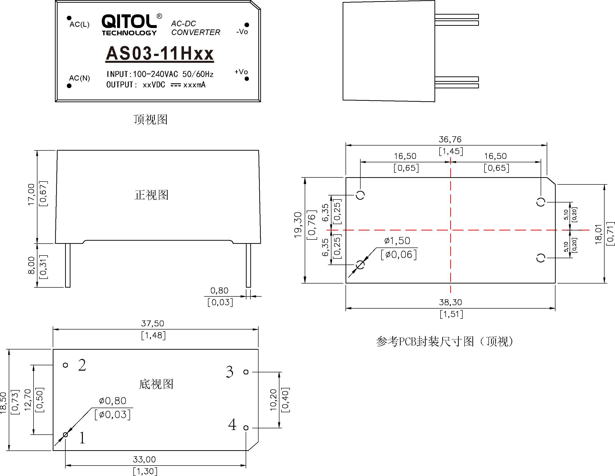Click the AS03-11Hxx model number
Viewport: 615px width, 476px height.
160,53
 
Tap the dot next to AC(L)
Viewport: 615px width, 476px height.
69,18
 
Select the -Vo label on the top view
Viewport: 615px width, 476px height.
242,32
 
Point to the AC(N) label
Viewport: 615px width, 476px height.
79,78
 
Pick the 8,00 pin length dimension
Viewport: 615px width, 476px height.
32,265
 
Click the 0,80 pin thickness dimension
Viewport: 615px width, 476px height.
219,291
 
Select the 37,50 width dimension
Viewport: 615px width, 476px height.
152,323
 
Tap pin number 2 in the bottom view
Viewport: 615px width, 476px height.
82,365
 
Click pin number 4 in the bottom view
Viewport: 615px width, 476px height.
232,425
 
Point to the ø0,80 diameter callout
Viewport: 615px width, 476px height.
113,401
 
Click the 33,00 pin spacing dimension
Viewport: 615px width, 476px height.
144,459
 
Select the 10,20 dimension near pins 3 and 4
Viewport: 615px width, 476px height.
273,400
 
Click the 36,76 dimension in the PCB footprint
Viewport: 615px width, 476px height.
450,139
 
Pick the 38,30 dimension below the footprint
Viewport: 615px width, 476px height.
450,302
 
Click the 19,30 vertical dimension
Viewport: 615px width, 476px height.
298,225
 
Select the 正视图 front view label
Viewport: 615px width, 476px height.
151,195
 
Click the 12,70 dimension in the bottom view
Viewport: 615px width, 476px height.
28,400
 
